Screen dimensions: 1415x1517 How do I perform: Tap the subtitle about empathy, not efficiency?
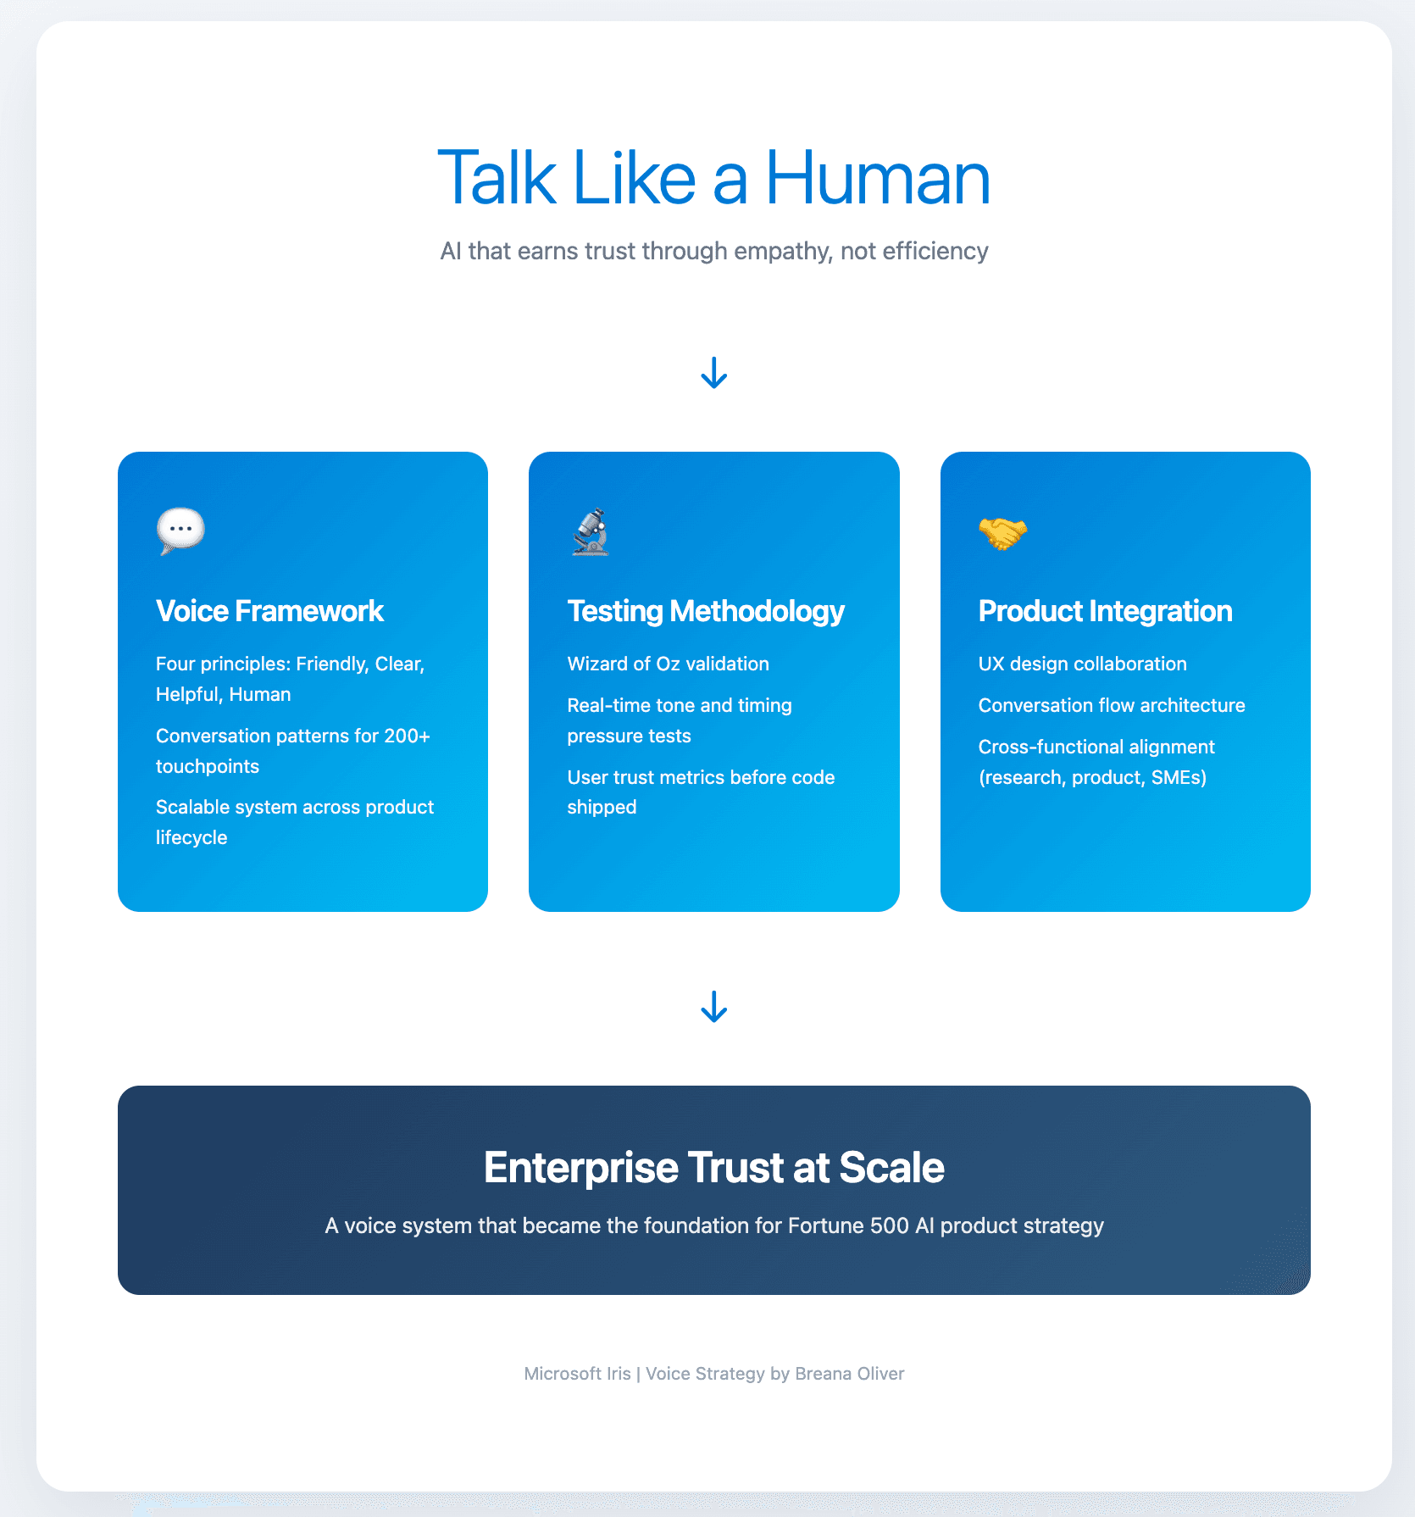click(x=714, y=251)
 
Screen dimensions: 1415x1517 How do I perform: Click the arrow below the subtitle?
click(x=714, y=373)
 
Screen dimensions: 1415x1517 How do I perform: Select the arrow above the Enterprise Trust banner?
click(x=714, y=1007)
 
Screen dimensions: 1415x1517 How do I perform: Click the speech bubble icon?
click(x=180, y=531)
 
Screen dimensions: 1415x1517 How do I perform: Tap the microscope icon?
click(x=591, y=531)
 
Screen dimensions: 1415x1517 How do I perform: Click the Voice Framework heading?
click(x=269, y=611)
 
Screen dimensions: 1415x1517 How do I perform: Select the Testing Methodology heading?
click(x=706, y=612)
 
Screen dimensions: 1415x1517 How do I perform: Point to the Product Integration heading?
click(x=1105, y=612)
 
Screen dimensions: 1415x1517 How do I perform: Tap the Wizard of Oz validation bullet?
click(x=669, y=664)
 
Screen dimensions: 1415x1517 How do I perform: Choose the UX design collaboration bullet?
click(x=1082, y=664)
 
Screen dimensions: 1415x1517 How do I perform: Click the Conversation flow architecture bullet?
click(x=1112, y=705)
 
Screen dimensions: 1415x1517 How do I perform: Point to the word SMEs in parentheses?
click(x=1175, y=777)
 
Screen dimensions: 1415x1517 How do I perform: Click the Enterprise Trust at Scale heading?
click(x=714, y=1167)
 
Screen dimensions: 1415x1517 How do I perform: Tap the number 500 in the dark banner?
click(x=890, y=1225)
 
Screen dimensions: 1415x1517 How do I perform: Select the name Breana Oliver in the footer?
click(x=850, y=1374)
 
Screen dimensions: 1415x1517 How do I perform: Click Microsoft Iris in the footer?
click(x=578, y=1374)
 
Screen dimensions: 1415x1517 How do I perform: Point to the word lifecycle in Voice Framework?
click(x=191, y=837)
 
